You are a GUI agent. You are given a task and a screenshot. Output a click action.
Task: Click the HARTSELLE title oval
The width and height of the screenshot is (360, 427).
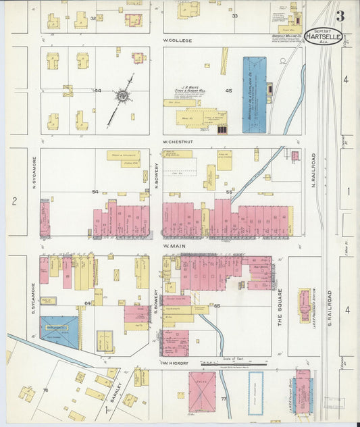coord(323,36)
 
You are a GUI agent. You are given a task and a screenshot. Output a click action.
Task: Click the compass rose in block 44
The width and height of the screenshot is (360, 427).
coord(123,97)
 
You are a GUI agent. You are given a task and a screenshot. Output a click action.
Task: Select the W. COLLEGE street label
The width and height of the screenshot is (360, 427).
coord(178,41)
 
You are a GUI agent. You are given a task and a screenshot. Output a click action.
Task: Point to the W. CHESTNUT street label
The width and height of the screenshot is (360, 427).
coord(180,142)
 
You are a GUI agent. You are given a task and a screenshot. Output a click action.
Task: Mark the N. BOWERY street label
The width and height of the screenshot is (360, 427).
coord(156,172)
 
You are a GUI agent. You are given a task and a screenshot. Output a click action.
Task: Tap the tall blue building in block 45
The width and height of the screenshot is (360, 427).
coord(255,95)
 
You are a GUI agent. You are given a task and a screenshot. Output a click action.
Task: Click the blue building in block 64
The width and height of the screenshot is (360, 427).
coord(59,332)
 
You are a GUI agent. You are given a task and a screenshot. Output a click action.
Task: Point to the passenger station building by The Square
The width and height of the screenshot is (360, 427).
coord(305,305)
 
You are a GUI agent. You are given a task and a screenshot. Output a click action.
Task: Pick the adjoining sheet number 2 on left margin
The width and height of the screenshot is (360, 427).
coord(13,201)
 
